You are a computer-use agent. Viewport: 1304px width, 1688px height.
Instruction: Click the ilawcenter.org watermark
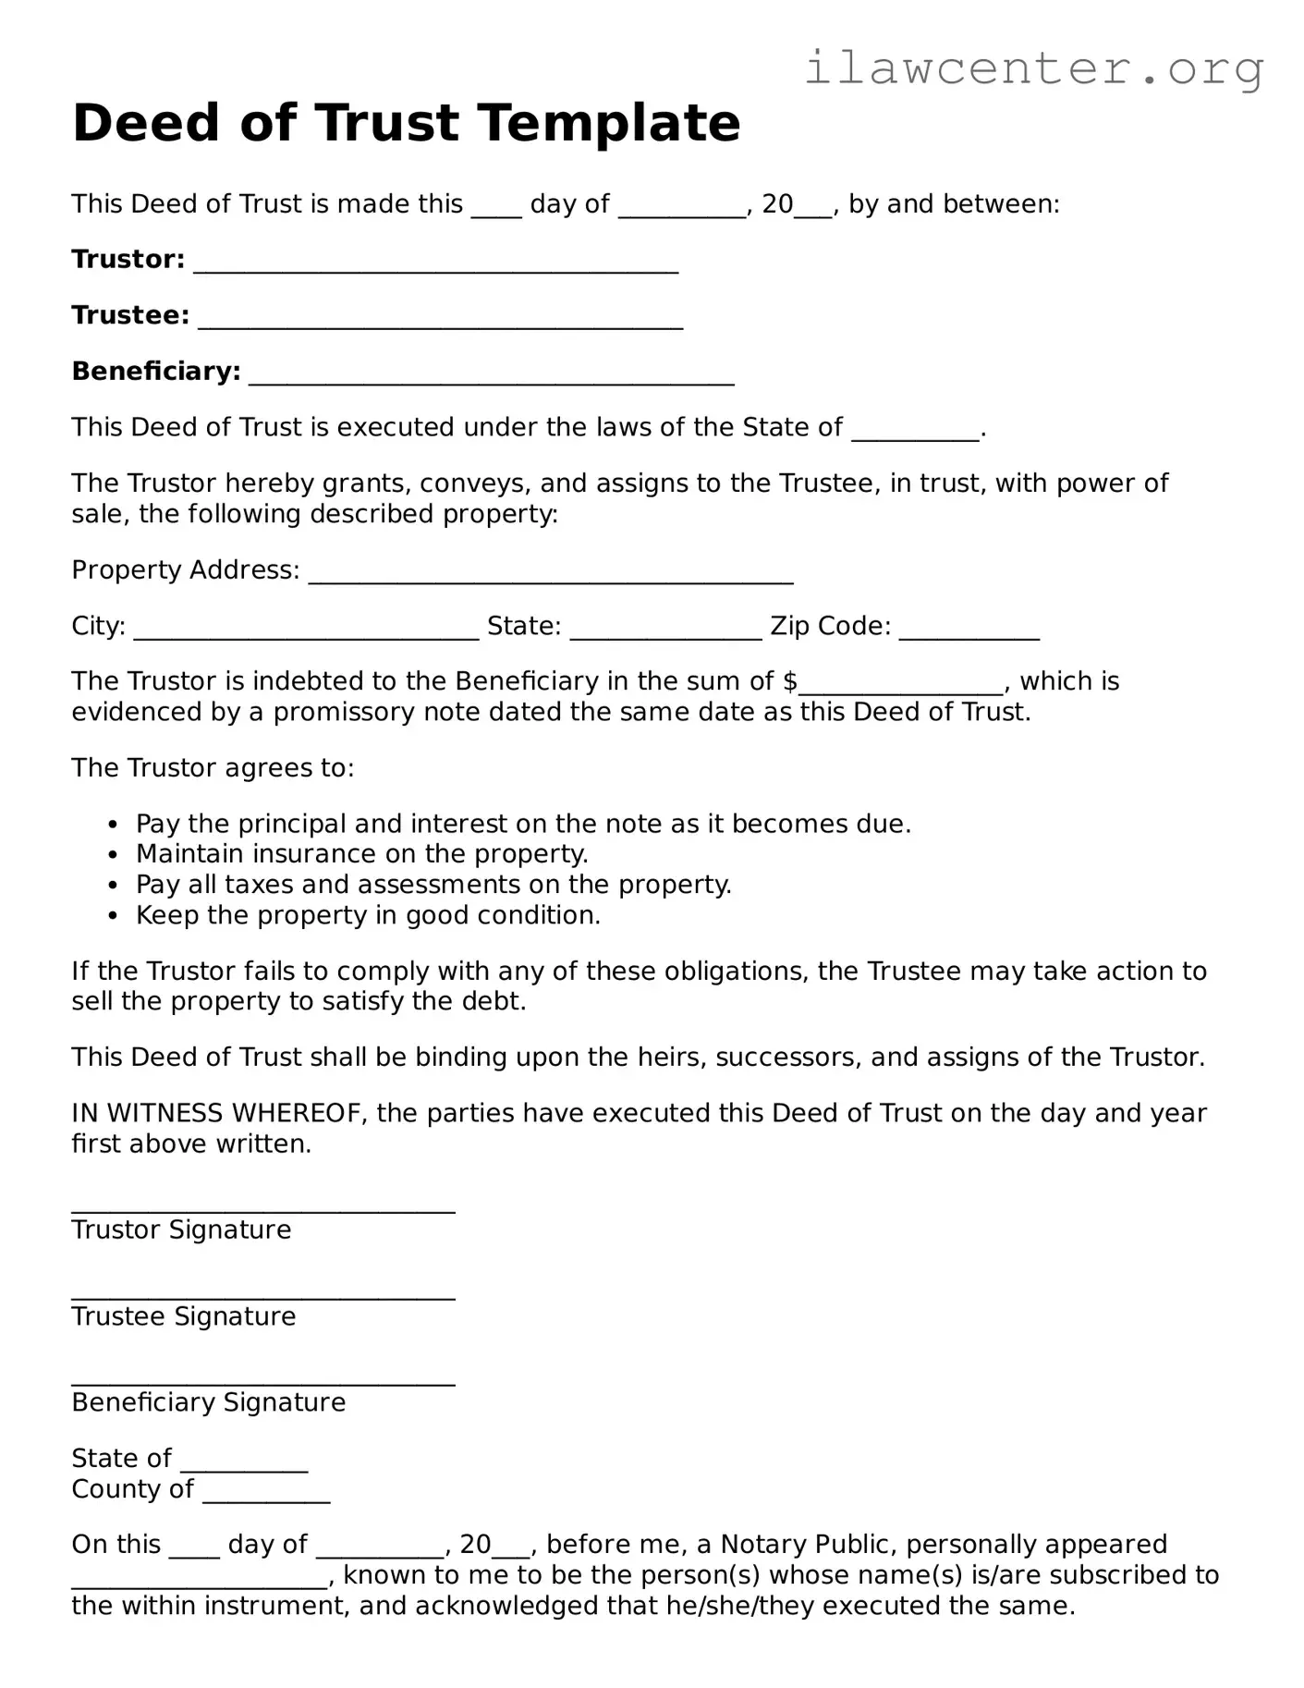click(1033, 68)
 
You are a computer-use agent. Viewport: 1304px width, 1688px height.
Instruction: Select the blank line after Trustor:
click(435, 268)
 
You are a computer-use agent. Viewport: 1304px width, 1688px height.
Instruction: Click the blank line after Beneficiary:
click(492, 380)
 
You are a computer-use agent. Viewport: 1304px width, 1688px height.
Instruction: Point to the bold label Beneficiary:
click(156, 372)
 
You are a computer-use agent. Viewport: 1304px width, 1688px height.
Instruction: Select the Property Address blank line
click(550, 579)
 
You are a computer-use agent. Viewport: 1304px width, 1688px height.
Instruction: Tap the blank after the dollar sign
click(901, 690)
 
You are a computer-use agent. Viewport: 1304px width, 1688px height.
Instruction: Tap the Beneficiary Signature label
click(209, 1402)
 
